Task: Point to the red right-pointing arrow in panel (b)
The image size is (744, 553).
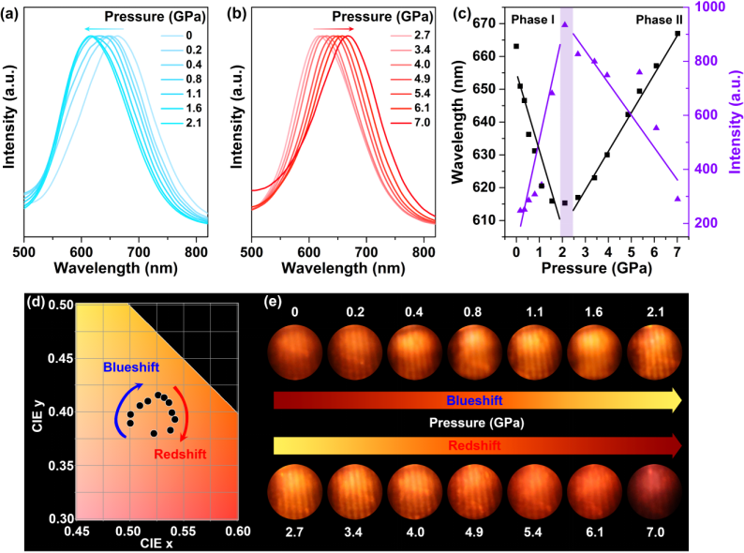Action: coord(327,31)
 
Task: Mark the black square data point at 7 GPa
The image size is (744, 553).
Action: coord(677,34)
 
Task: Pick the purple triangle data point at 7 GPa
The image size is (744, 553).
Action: coord(677,199)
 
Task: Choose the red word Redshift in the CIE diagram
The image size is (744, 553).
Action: coord(175,454)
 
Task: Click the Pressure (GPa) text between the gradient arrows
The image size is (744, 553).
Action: coord(477,423)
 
